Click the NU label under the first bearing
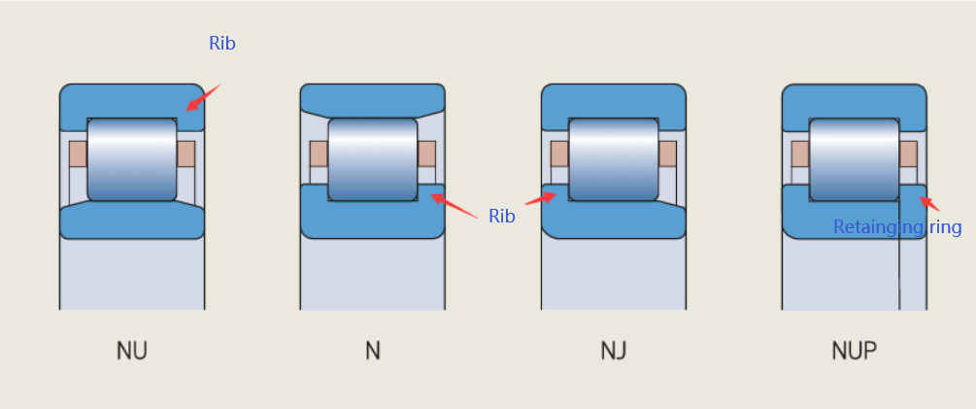132,350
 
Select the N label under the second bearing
373,350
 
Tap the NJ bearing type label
614,350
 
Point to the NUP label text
854,350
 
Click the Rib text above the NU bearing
222,44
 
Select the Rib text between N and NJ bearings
501,217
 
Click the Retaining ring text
897,227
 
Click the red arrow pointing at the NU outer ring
203,97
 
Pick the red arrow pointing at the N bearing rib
454,206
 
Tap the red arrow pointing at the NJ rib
541,199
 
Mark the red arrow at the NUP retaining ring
928,204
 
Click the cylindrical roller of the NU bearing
132,158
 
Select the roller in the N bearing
373,158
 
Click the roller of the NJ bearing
614,158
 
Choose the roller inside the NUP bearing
854,158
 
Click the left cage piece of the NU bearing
78,153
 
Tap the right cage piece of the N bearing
426,153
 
